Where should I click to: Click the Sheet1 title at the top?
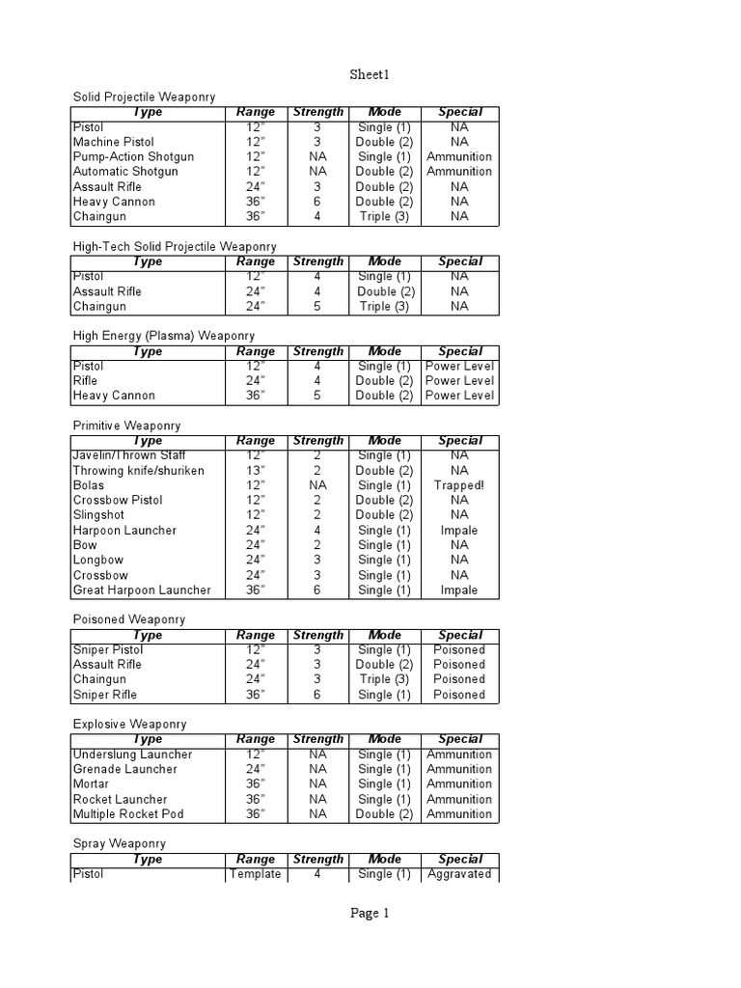[370, 74]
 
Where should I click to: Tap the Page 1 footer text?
[370, 914]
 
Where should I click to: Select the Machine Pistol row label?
[113, 142]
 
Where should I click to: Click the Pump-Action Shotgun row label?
[133, 156]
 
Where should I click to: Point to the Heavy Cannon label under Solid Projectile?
[114, 202]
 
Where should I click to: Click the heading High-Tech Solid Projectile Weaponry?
[175, 247]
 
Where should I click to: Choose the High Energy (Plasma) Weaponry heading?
[164, 336]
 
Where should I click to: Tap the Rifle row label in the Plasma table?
[88, 380]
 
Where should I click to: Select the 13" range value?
[256, 470]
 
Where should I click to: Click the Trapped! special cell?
[459, 485]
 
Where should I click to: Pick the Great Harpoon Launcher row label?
[142, 590]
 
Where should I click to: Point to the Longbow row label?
[98, 560]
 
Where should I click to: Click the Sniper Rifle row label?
[105, 695]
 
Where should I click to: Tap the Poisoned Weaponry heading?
[129, 619]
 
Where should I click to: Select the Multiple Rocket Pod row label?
[128, 813]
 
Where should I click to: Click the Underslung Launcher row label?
[133, 755]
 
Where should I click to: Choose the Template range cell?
[256, 874]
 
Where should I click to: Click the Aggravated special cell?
[460, 874]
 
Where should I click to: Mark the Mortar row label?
[92, 784]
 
